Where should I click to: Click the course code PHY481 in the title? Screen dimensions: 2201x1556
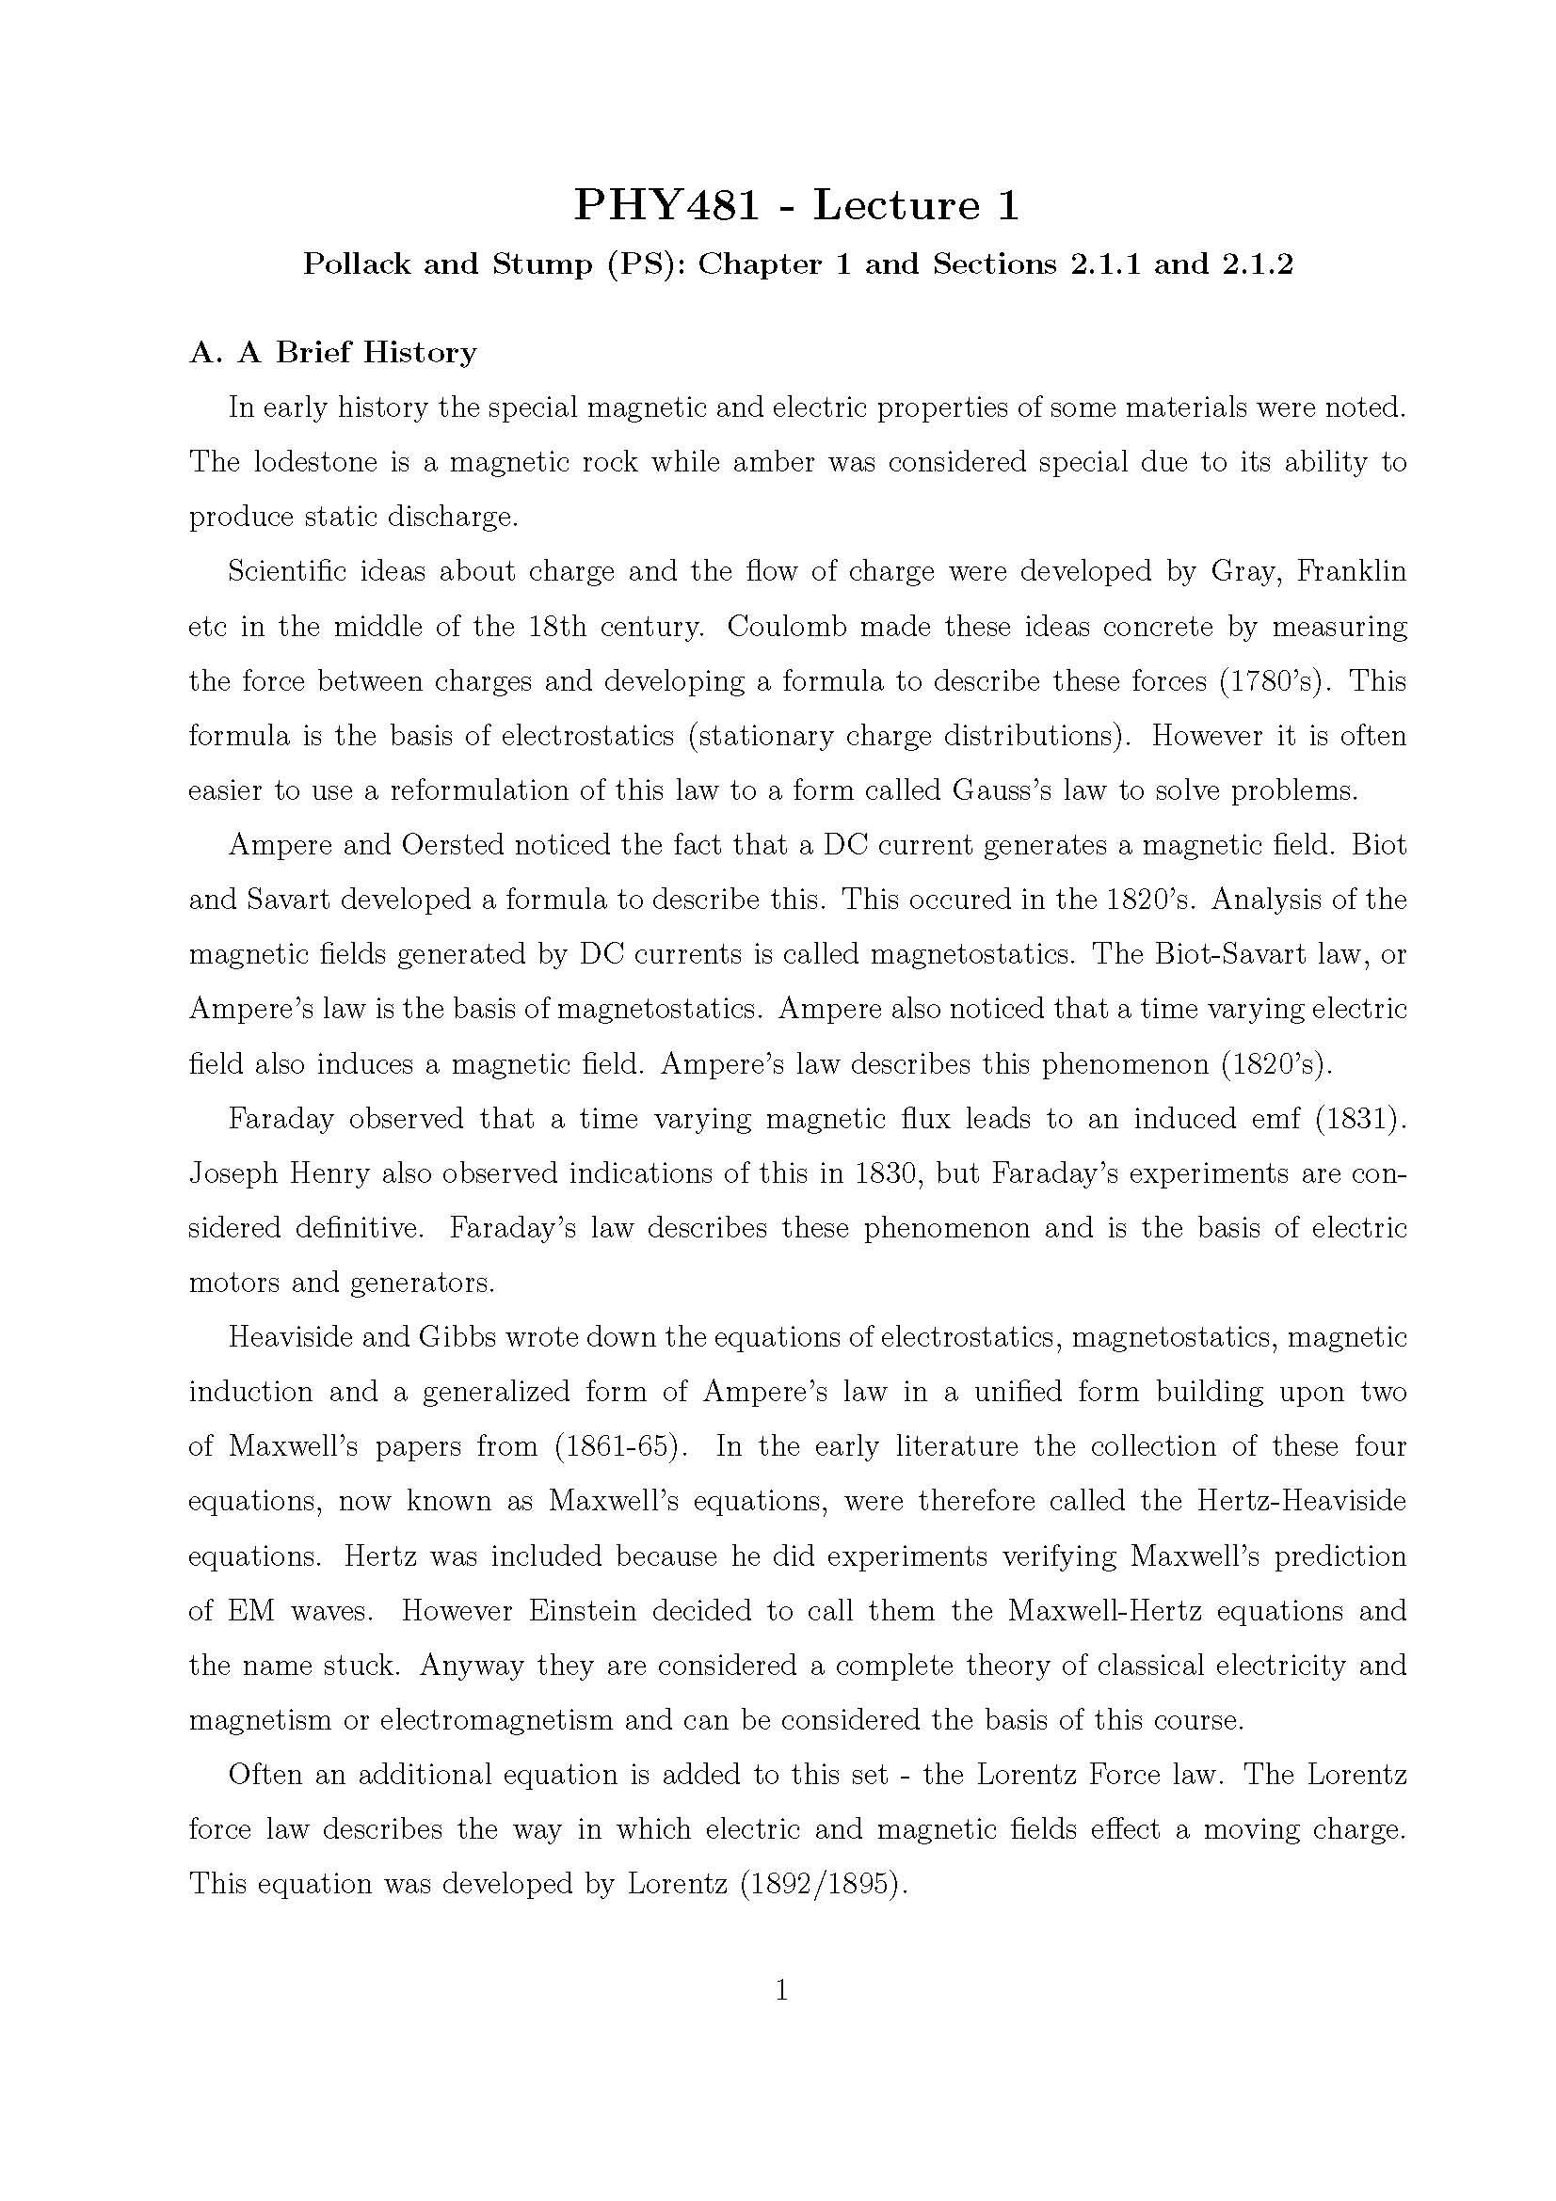click(666, 205)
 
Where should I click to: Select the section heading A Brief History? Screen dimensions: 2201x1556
click(332, 353)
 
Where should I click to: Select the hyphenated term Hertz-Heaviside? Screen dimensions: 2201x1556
click(1301, 1501)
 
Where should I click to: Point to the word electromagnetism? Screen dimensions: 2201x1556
click(496, 1720)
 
